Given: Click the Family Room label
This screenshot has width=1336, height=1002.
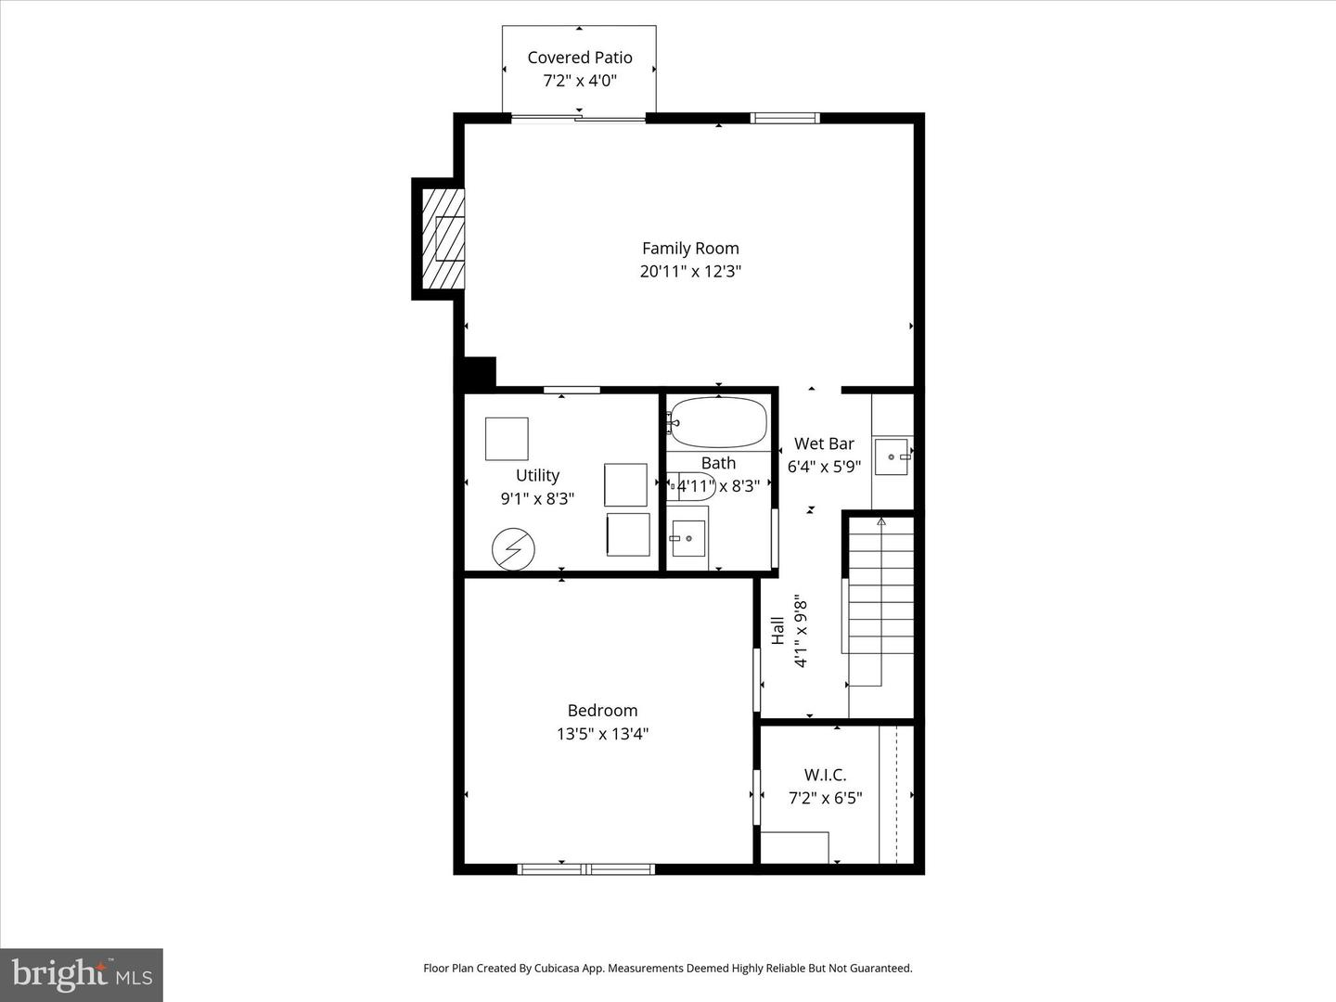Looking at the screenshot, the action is click(x=690, y=249).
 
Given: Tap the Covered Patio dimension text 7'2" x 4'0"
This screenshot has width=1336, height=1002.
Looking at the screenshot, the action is click(x=580, y=81).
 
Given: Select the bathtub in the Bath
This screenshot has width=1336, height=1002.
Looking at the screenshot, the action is click(x=718, y=421).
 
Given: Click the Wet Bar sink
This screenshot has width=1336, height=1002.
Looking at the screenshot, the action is click(x=891, y=456).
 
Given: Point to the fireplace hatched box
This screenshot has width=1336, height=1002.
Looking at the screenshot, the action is click(x=443, y=238).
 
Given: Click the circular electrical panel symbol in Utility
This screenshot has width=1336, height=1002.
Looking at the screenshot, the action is click(x=513, y=548).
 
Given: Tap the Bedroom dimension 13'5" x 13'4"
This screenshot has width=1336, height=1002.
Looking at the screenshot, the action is click(x=602, y=734).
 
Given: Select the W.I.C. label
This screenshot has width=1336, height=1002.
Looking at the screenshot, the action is click(x=825, y=775).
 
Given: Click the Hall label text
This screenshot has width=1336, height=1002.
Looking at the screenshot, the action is click(x=777, y=630).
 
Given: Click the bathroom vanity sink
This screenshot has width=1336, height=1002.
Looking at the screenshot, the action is click(x=688, y=538).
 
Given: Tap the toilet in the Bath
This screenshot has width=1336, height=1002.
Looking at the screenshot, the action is click(x=690, y=487).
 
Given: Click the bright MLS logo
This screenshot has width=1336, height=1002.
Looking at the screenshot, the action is click(x=82, y=974).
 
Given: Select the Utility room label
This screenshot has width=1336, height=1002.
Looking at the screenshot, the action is click(x=537, y=475).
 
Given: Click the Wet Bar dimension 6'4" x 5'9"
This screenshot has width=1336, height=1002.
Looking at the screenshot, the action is click(x=824, y=467).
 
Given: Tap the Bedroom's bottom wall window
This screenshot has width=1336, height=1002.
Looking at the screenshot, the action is click(x=586, y=868).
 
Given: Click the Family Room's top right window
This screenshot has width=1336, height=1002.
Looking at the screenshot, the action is click(x=785, y=118).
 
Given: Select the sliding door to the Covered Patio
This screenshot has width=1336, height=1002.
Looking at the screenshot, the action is click(x=578, y=118).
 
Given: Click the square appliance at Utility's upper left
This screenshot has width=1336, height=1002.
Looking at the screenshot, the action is click(x=507, y=439).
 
